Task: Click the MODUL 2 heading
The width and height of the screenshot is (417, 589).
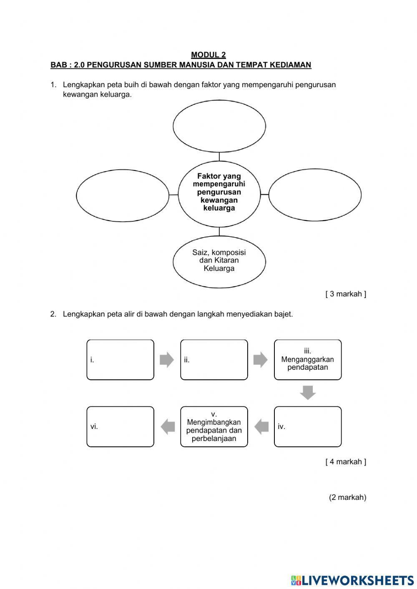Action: click(208, 55)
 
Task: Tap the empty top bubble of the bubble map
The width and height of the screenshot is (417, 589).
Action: click(219, 126)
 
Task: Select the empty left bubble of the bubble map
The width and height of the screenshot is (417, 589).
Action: click(122, 195)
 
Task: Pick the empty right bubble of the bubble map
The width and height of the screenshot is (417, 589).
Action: click(315, 195)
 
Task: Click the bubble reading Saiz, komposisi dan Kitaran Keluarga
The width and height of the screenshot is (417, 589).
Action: click(219, 261)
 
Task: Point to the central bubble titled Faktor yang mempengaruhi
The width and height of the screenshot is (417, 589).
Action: click(219, 193)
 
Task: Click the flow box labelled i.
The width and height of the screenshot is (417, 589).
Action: click(120, 360)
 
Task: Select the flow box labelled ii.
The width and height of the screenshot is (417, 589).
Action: click(214, 360)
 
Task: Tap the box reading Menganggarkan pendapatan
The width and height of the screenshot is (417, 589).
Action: click(308, 360)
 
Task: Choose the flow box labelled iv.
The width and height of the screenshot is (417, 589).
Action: click(308, 426)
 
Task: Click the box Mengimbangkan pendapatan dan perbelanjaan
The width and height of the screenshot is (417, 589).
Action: click(214, 426)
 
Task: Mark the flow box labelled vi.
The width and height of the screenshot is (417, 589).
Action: click(120, 426)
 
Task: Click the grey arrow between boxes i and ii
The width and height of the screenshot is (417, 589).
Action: click(167, 359)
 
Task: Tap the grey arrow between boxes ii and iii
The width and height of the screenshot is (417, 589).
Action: click(261, 359)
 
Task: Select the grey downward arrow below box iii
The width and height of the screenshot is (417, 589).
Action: click(308, 393)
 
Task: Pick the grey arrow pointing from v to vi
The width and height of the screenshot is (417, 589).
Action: click(168, 426)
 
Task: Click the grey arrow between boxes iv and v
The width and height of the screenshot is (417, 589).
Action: click(261, 426)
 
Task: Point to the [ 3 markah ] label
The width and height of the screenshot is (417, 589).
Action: click(346, 294)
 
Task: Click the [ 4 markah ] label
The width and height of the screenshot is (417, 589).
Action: click(346, 461)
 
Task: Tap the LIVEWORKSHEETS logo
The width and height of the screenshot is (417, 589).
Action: click(352, 580)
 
